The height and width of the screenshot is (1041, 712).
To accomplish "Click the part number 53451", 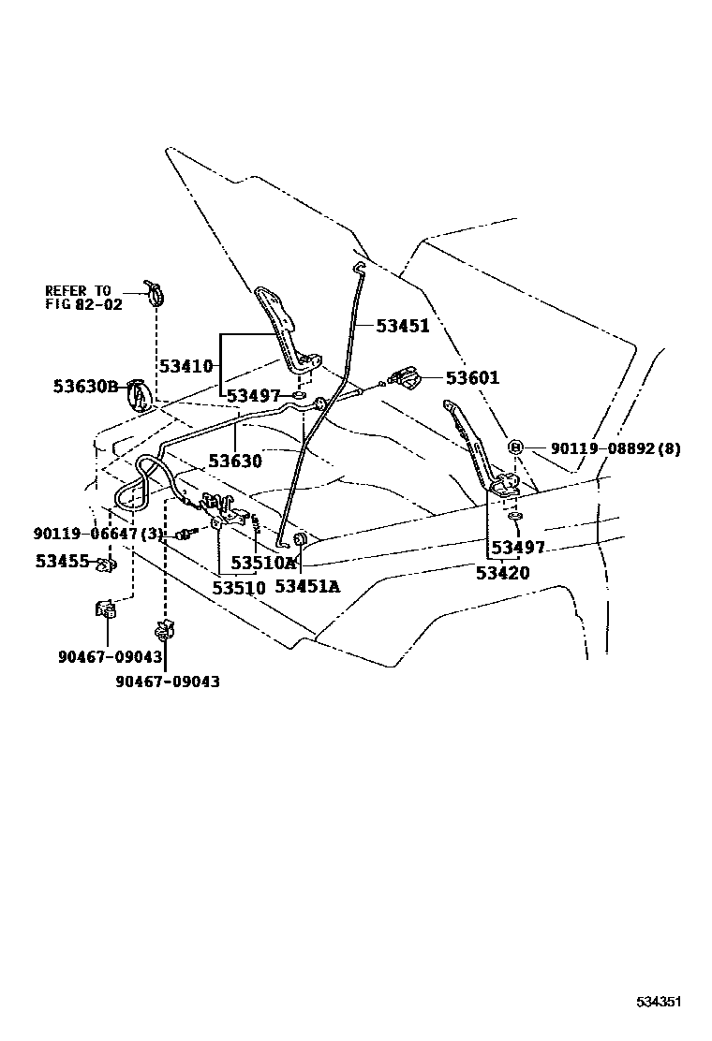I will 402,326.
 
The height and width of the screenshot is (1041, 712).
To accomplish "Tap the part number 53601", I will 472,378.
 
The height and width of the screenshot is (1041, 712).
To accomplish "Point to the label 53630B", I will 85,386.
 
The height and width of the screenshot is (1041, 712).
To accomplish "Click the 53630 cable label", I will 235,461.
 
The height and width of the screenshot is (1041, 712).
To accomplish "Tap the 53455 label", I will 62,562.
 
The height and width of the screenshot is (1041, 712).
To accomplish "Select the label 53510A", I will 264,563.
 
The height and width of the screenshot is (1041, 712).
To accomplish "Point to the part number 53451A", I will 307,587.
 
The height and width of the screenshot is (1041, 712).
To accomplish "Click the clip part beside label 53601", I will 408,378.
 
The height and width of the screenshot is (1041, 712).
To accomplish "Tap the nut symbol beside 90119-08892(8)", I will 514,447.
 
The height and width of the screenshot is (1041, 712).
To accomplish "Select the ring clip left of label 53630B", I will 138,395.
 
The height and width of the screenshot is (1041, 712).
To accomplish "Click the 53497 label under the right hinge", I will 517,547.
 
